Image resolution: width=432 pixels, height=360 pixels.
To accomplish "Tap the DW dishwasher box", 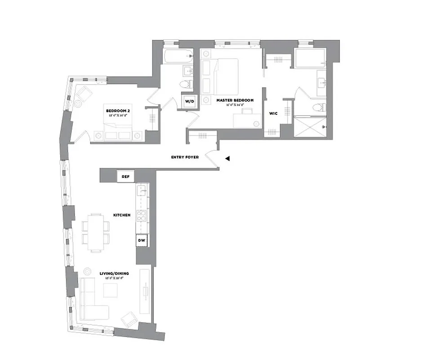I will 142,240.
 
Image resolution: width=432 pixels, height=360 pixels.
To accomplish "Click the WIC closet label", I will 272,113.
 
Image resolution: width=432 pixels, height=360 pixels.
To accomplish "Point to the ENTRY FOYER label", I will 185,157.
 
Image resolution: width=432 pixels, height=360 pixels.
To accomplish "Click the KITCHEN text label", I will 122,215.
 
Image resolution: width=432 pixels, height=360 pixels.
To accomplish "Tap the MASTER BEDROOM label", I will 235,100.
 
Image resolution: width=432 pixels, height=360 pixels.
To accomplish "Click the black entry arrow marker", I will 228,158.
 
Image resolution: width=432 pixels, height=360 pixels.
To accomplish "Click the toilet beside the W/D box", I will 186,84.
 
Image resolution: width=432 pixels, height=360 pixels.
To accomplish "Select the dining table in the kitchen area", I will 96,231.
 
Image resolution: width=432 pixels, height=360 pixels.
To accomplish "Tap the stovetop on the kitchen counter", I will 142,215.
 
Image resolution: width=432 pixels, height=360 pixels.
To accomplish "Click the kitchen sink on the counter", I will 142,191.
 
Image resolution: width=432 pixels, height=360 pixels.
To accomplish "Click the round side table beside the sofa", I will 87,271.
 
